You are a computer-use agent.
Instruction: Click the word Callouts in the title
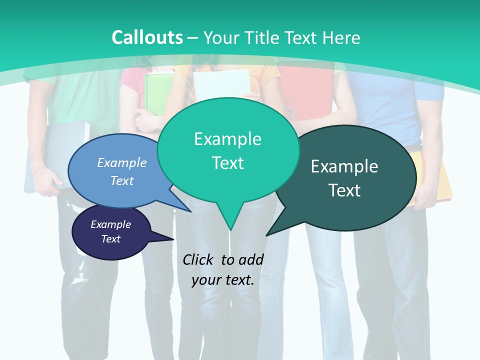147,37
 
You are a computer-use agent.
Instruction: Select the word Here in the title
341,37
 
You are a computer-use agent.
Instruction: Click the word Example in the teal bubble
227,139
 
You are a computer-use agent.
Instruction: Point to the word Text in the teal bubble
227,163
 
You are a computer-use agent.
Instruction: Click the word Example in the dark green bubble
344,166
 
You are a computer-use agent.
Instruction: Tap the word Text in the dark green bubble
344,190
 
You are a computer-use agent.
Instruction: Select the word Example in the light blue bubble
122,162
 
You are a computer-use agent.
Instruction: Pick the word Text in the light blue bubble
122,180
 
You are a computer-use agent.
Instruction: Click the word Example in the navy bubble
111,224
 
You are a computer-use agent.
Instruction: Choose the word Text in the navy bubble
111,239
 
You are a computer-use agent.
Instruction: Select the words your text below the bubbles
223,280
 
